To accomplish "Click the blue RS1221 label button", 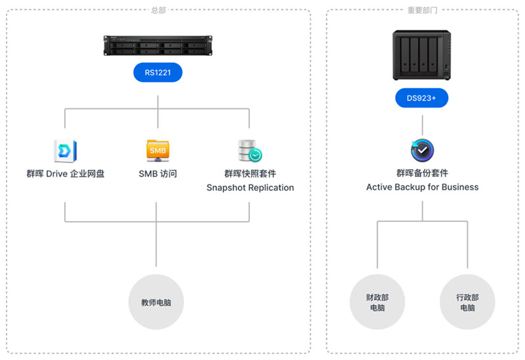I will point(157,72).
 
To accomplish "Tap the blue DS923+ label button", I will point(422,98).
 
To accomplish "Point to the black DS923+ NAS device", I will point(422,57).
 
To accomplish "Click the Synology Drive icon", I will point(65,150).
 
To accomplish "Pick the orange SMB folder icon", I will point(157,150).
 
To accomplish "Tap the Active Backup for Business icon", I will point(422,150).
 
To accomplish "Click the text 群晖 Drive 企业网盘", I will point(65,174).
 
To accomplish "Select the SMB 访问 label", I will point(157,174).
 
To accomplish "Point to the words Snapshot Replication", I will point(250,188).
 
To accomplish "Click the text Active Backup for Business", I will point(422,187).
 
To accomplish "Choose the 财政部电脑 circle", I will point(377,302).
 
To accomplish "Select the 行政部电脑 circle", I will point(467,302).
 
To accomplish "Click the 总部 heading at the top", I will point(158,10).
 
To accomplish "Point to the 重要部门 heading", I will point(422,10).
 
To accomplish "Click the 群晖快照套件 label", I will point(250,174).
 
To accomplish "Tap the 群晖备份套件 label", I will point(422,173).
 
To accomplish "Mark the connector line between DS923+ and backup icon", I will point(422,124).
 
